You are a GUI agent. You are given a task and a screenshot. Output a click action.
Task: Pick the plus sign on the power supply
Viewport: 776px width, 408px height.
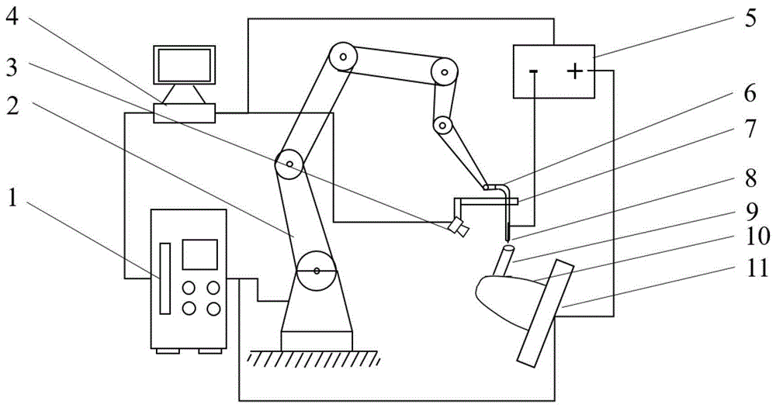[574, 72]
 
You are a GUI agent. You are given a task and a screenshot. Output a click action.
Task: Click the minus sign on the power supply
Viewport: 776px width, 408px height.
[534, 72]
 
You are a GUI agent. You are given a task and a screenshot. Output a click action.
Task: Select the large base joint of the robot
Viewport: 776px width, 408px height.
[317, 271]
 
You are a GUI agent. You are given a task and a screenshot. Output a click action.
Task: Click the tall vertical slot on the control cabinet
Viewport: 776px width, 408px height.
[165, 278]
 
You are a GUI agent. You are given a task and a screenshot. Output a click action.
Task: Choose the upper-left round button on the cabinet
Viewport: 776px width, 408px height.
[188, 287]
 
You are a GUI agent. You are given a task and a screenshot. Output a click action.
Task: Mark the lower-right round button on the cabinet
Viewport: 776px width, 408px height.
[213, 308]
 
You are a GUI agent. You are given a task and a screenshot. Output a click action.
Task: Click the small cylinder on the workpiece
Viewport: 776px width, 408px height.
[505, 261]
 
